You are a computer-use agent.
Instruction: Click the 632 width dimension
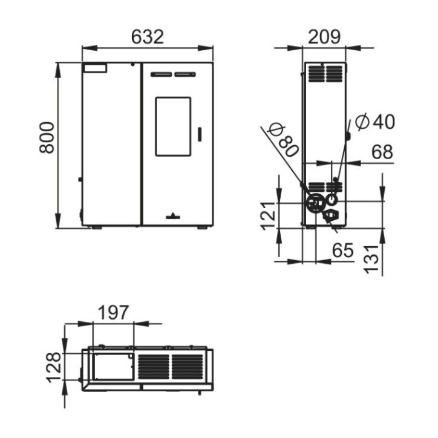click(147, 37)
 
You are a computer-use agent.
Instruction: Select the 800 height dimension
click(47, 137)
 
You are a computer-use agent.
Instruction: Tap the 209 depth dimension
click(324, 37)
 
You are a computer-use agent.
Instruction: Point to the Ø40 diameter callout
click(375, 122)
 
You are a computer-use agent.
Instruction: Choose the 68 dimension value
click(382, 152)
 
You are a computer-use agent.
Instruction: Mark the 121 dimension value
click(269, 215)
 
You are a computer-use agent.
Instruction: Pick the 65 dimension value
click(343, 250)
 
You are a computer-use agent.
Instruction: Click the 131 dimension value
click(371, 259)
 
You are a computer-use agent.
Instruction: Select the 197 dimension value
click(114, 313)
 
